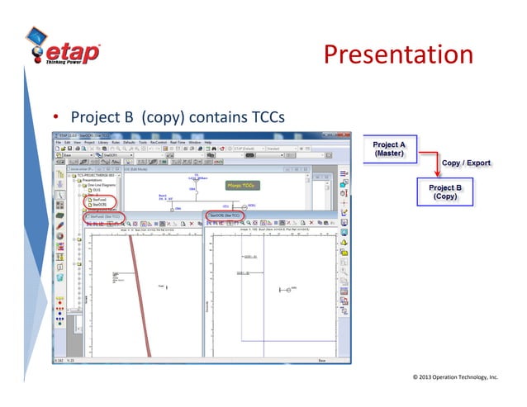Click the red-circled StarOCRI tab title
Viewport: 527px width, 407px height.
point(226,216)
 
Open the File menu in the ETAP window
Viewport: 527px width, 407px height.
point(59,143)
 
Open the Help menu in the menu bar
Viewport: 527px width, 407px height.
point(208,143)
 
